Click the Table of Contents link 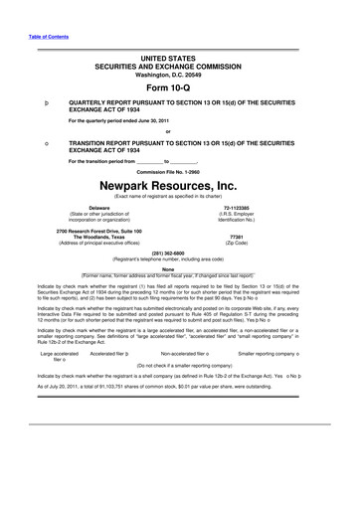tap(46, 38)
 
